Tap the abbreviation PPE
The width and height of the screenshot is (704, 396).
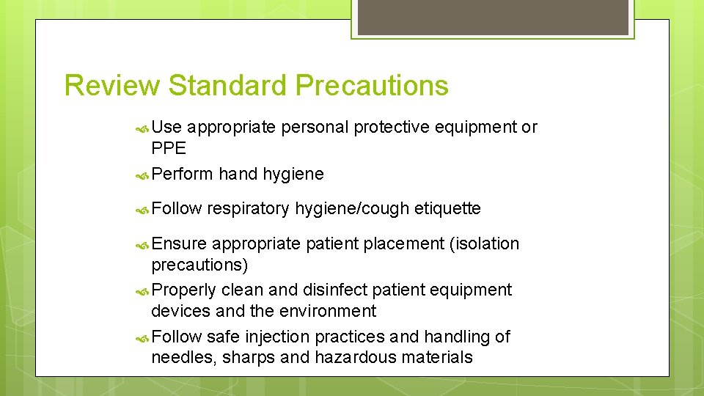tap(169, 148)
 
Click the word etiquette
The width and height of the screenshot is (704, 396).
tap(447, 209)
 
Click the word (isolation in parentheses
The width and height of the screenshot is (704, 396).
tap(485, 243)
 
